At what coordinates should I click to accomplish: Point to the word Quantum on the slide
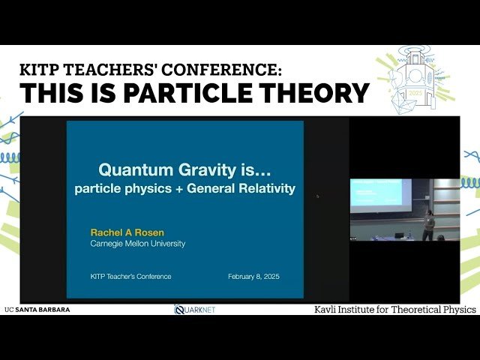[133, 170]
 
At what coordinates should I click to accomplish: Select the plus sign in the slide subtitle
[177, 189]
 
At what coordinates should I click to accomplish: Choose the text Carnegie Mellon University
[138, 244]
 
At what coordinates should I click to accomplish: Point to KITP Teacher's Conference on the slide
[130, 276]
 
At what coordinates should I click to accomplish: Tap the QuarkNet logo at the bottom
[195, 309]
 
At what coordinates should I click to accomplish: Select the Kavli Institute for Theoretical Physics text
[394, 309]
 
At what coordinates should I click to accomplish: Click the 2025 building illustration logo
[418, 82]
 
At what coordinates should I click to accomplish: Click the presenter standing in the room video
[429, 226]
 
